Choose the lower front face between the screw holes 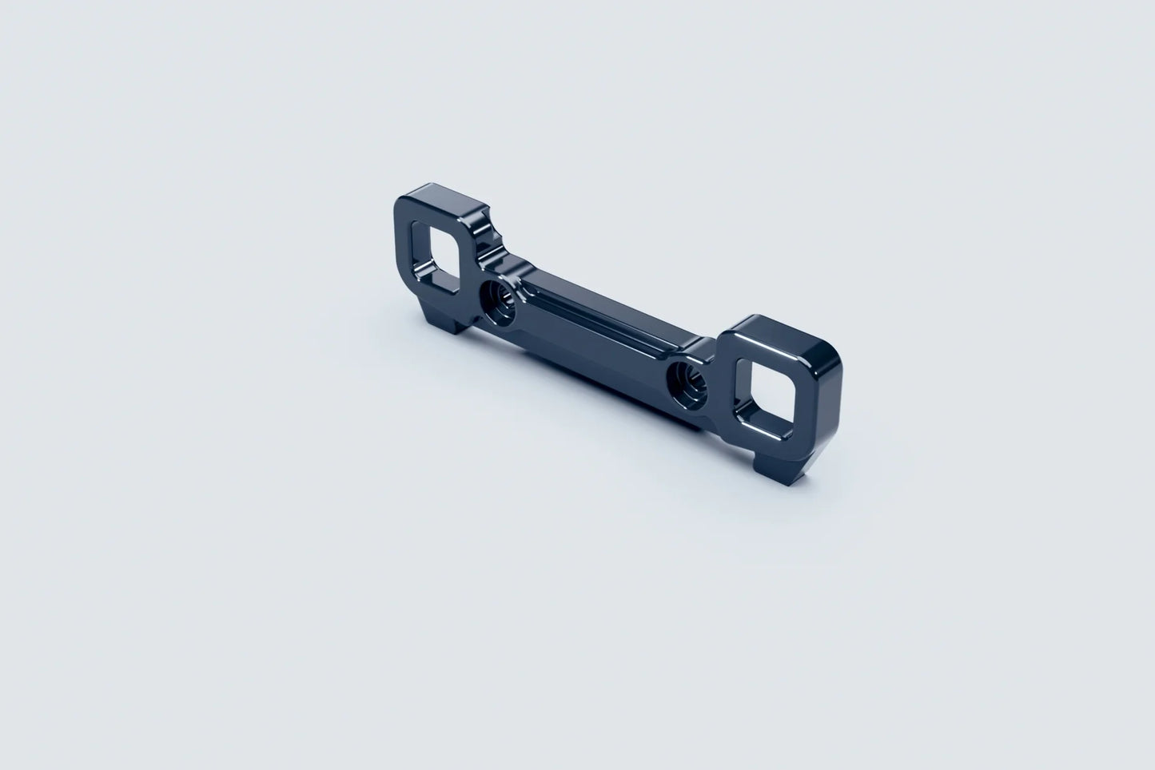591,351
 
